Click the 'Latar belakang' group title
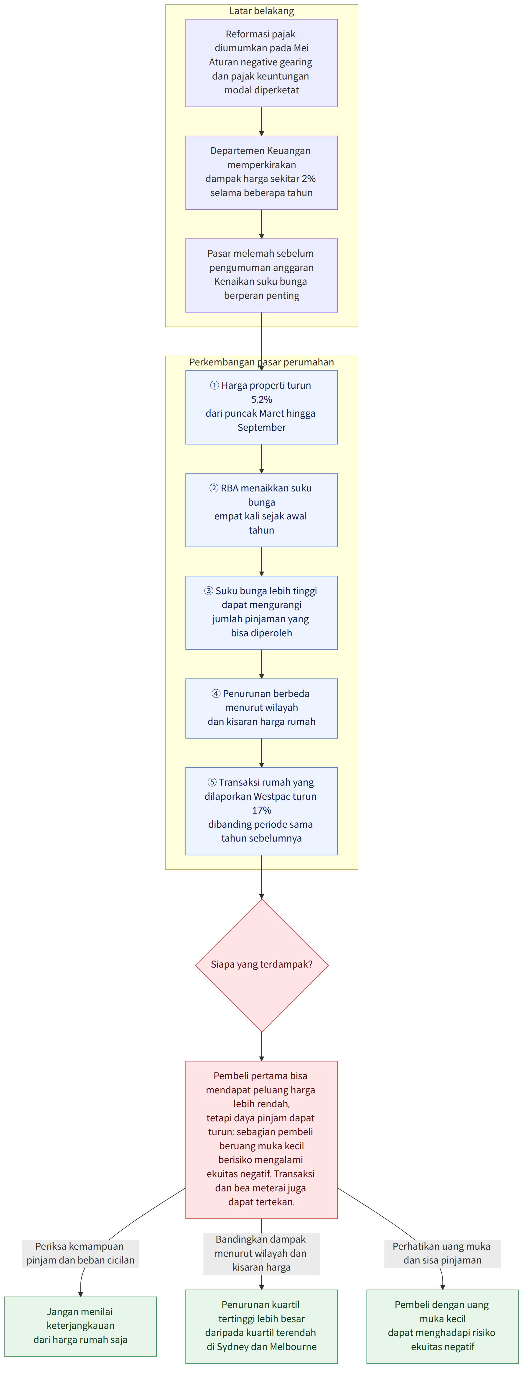(261, 11)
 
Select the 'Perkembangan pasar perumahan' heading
(261, 362)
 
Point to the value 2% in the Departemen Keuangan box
(308, 178)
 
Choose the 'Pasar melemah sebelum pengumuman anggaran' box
(261, 275)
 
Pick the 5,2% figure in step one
(261, 399)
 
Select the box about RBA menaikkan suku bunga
(261, 510)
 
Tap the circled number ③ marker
(209, 591)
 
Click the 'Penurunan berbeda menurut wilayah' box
(261, 708)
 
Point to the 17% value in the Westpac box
(261, 810)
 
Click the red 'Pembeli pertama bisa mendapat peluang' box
(261, 1139)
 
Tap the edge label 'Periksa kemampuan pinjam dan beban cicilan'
(80, 1254)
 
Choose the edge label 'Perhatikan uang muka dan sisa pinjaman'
(442, 1254)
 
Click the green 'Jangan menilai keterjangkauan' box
(80, 1326)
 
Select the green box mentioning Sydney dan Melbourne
(261, 1326)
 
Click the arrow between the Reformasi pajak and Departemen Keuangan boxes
(261, 121)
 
